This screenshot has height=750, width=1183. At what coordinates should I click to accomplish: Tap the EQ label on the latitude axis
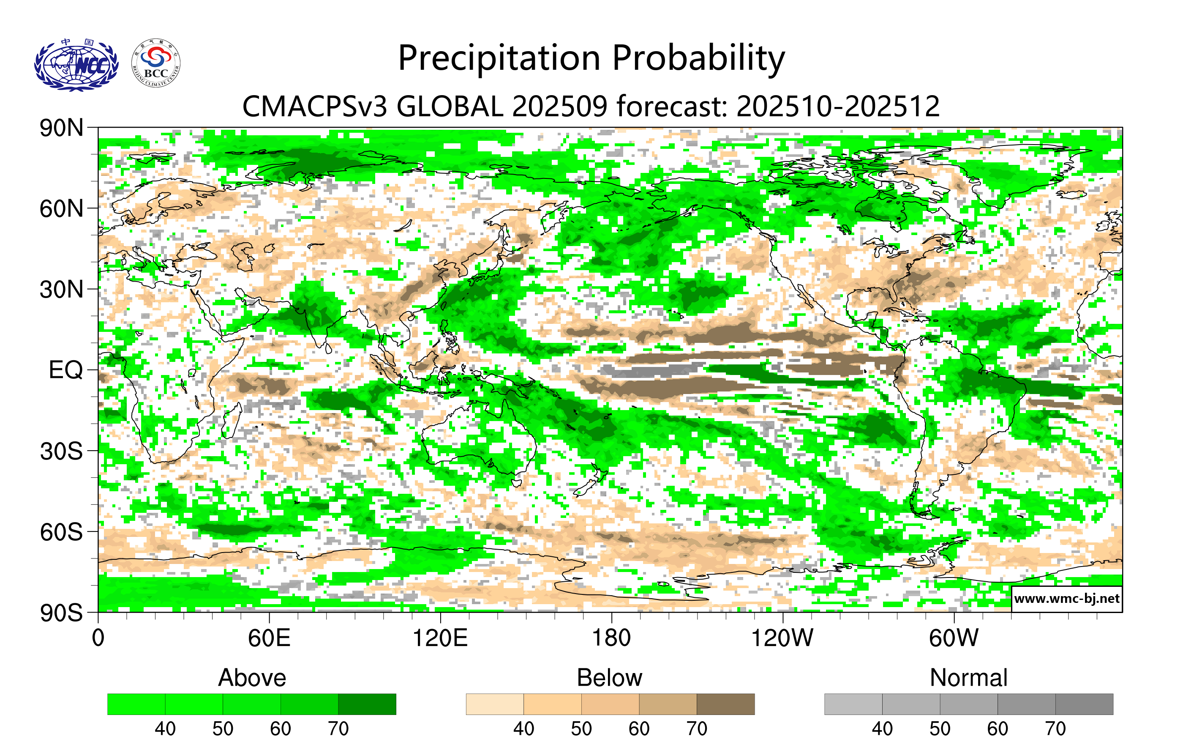[65, 370]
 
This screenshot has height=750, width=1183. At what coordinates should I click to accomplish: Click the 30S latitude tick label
[61, 451]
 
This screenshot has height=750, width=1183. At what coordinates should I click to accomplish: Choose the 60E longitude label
[269, 638]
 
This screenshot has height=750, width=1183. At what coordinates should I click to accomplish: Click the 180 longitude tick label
[611, 638]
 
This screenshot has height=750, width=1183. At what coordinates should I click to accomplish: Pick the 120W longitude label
[782, 638]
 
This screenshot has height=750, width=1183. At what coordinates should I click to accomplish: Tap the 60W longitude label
[954, 638]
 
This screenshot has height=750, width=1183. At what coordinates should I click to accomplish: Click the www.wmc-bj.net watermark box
[1066, 599]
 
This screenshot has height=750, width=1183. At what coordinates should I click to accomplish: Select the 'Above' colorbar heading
[252, 678]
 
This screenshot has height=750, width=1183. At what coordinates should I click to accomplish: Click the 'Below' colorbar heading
[610, 678]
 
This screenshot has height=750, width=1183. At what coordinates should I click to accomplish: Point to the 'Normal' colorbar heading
[968, 678]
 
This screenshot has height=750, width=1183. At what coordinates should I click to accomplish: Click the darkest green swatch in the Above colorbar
[367, 704]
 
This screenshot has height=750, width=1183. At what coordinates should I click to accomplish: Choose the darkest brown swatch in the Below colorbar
[725, 704]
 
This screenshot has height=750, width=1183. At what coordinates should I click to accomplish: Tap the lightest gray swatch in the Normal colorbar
[853, 704]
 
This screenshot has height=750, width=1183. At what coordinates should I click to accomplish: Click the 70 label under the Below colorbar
[697, 728]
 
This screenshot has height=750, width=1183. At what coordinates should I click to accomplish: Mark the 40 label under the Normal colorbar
[882, 728]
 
